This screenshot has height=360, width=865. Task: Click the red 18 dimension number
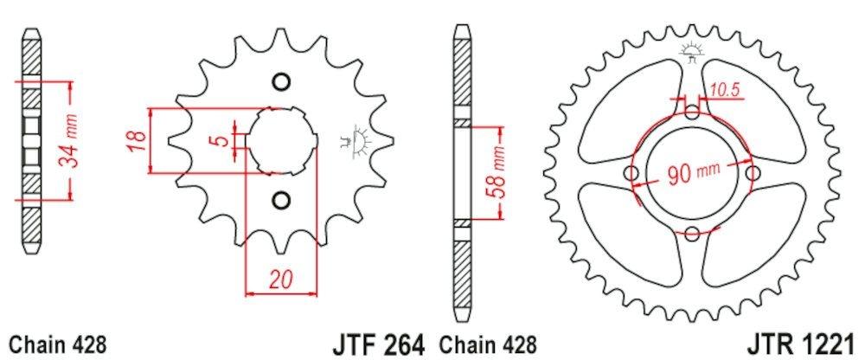click(135, 141)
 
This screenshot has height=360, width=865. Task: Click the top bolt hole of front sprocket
click(279, 82)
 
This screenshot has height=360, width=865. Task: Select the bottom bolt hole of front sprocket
click(279, 201)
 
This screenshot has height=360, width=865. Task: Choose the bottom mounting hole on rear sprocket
click(692, 232)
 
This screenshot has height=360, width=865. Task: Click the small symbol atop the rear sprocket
click(690, 52)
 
